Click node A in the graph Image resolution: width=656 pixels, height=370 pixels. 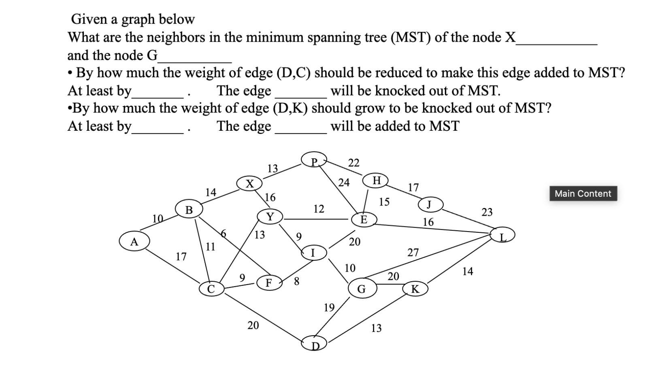(134, 242)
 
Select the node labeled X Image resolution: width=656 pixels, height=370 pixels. (250, 183)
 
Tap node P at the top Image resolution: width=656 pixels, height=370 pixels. (314, 161)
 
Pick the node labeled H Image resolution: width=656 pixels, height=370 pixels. (376, 180)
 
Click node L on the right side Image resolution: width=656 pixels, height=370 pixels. (503, 235)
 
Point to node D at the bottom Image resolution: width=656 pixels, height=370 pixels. (314, 344)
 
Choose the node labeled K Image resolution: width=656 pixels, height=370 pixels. (415, 289)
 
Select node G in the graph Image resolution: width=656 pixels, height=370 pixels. (361, 288)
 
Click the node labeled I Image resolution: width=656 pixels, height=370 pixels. (313, 253)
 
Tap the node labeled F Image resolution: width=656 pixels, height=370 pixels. (268, 283)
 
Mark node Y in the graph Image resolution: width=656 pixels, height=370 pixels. (270, 217)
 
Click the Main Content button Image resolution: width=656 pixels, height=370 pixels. (583, 194)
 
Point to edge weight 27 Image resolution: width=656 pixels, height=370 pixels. (413, 253)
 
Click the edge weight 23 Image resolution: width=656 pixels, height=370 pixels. (487, 212)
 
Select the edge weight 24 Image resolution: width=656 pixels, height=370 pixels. (344, 183)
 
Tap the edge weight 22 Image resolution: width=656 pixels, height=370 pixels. (354, 163)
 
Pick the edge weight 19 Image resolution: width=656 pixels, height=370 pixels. (329, 308)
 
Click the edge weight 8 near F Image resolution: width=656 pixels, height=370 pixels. (296, 281)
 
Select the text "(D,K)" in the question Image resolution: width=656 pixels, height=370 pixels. (290, 108)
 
